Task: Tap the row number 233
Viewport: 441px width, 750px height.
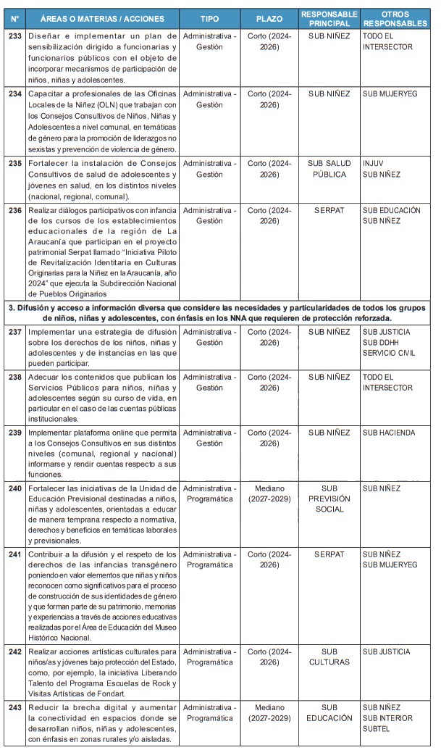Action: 14,36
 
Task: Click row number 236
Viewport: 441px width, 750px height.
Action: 14,210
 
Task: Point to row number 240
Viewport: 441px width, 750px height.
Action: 14,488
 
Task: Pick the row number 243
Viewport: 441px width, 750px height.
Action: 14,707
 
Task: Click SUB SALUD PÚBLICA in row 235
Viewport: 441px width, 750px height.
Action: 329,169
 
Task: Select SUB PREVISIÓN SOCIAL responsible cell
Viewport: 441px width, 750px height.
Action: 329,499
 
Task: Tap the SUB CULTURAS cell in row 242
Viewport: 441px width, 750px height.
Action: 329,657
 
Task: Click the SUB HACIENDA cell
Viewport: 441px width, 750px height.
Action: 389,433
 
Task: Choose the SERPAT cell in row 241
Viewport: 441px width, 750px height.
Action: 329,554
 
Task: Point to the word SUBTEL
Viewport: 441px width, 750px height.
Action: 377,729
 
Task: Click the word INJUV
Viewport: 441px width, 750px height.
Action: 373,164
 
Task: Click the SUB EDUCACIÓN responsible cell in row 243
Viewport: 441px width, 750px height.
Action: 329,712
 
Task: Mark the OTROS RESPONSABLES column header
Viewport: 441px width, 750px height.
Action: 398,18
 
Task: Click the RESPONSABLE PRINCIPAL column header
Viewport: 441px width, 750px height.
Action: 329,18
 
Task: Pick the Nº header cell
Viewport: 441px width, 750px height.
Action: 14,18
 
